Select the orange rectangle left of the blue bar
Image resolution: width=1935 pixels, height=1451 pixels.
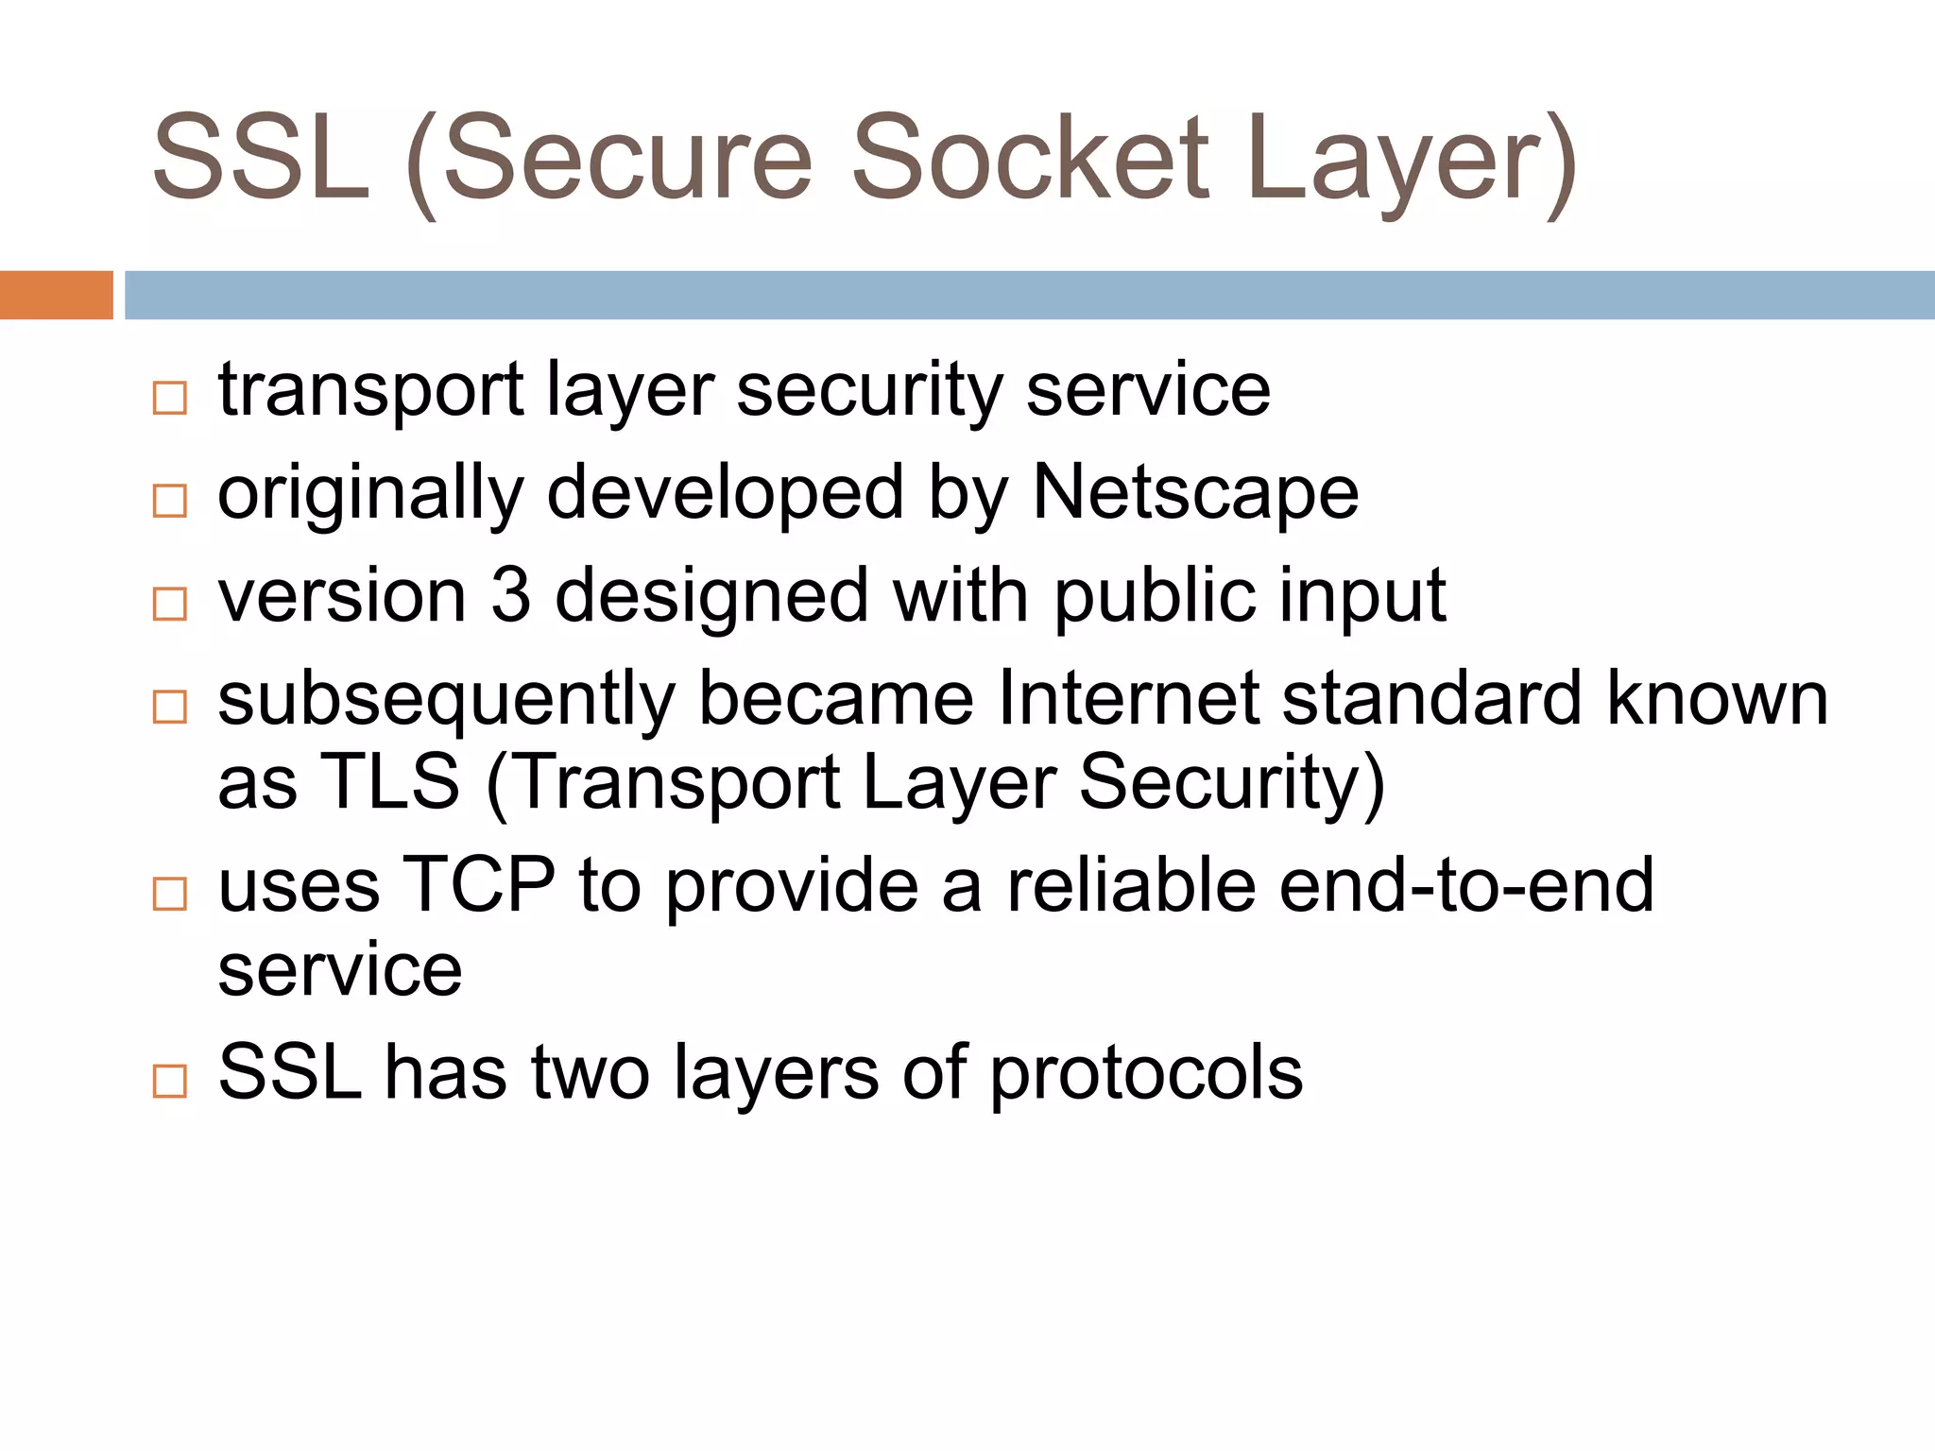[56, 295]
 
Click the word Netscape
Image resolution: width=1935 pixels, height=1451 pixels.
[1195, 493]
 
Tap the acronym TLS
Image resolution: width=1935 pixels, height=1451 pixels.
[390, 782]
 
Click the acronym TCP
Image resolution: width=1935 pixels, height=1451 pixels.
[479, 885]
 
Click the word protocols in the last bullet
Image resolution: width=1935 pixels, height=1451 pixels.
[1146, 1074]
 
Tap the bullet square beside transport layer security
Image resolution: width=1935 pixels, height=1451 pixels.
[170, 398]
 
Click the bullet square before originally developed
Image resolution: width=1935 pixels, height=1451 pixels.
[170, 501]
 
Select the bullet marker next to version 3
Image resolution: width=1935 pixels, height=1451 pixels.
[170, 604]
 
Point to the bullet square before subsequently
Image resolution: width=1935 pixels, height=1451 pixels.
[170, 707]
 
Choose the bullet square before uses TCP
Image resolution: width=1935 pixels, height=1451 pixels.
[170, 894]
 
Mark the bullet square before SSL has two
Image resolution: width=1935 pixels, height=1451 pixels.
[170, 1081]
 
